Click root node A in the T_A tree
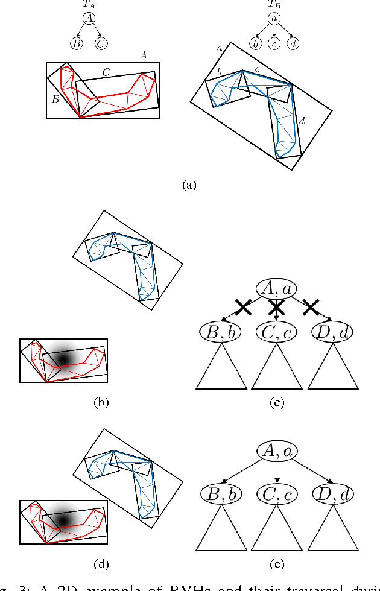[89, 19]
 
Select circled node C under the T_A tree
[101, 43]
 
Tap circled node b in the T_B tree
[256, 43]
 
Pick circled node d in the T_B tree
[293, 43]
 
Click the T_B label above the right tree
[274, 5]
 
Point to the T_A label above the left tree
[89, 5]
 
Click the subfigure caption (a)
[189, 185]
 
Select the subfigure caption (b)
[101, 402]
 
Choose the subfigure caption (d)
[101, 564]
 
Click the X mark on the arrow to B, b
[243, 308]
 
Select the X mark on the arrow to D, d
[310, 308]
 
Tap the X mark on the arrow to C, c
[276, 309]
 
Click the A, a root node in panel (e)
[276, 450]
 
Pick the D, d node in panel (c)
[333, 331]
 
